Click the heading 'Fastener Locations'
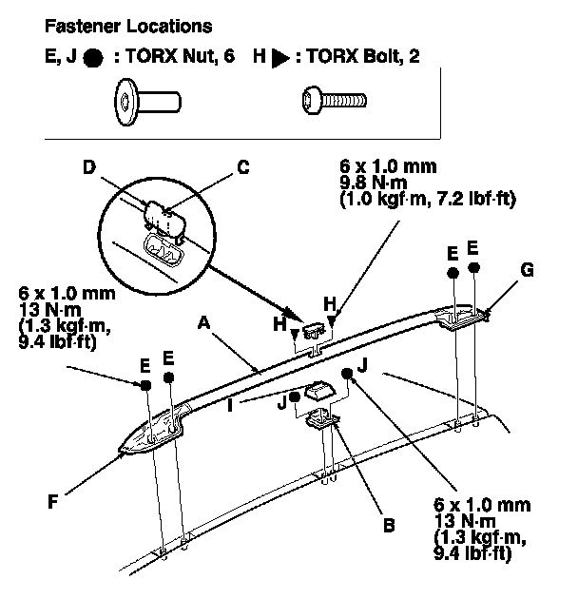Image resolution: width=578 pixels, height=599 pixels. (128, 27)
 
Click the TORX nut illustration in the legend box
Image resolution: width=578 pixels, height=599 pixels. (147, 102)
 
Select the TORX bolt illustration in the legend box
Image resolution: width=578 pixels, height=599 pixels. (334, 100)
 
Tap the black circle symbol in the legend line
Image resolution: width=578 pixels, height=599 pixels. (93, 58)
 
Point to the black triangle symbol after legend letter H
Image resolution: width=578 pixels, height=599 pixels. (280, 58)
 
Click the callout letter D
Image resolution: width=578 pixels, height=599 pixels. (89, 167)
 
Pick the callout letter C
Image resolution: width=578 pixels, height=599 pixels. (243, 167)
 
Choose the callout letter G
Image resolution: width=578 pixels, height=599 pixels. (527, 270)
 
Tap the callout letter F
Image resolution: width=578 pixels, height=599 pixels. (52, 501)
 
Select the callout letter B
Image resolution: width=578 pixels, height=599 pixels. (389, 526)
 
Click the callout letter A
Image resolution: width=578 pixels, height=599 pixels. (204, 323)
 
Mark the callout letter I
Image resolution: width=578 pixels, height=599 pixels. (230, 405)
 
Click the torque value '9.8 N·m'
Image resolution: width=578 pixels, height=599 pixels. (374, 183)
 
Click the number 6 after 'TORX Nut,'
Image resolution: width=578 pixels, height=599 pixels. (228, 56)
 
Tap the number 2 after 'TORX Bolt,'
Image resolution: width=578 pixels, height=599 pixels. (414, 56)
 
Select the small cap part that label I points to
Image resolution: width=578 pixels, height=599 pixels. (319, 391)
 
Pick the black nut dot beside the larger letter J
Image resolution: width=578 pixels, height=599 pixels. (347, 374)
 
